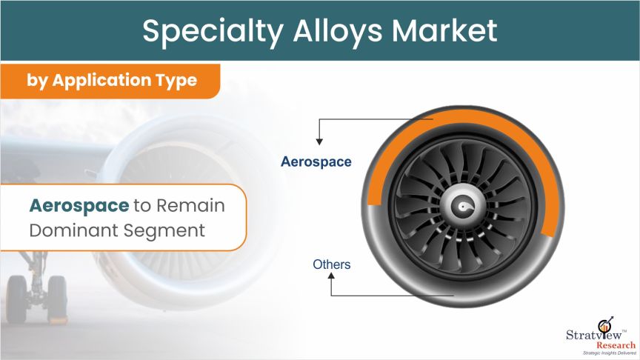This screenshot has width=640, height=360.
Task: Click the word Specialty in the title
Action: tap(213, 32)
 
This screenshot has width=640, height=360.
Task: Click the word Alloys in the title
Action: tap(337, 32)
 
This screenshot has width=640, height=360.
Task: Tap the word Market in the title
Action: tap(444, 30)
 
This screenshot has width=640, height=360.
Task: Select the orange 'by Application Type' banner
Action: tap(110, 81)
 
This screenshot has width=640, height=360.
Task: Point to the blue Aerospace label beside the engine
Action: tap(316, 161)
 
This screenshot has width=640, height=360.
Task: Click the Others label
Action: tap(331, 264)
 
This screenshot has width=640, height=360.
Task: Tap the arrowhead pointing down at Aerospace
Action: tap(319, 141)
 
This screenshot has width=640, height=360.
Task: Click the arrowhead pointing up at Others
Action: tap(331, 276)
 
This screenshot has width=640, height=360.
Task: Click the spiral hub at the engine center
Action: tap(463, 207)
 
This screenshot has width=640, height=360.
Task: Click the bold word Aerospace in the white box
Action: tap(79, 205)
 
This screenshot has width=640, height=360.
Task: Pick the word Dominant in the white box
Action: tap(73, 230)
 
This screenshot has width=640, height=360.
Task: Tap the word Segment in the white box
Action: tap(164, 231)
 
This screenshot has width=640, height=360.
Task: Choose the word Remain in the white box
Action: tap(190, 205)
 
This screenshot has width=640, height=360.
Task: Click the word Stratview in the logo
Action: tap(594, 335)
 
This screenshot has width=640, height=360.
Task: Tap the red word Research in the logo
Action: tap(616, 345)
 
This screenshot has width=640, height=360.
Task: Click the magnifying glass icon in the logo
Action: tap(605, 325)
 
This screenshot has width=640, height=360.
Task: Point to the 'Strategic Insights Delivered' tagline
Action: tap(610, 353)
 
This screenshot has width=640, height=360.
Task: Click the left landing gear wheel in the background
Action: tap(16, 299)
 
